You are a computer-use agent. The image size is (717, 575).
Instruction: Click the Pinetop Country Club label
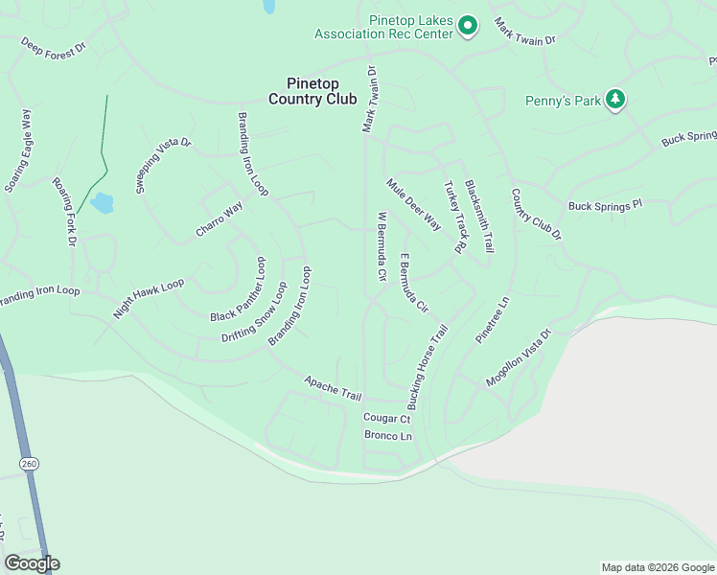(312, 91)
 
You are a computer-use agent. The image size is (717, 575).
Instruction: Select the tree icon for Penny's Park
(615, 100)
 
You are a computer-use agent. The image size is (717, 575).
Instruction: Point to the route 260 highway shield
(28, 463)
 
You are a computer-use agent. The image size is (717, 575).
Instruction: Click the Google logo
(31, 563)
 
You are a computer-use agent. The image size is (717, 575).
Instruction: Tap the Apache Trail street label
(333, 388)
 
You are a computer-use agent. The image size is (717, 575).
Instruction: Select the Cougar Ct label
(386, 418)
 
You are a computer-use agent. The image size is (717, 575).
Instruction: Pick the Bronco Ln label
(387, 436)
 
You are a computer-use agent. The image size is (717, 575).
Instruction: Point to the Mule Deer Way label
(413, 204)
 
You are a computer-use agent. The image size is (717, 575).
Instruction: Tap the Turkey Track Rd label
(453, 218)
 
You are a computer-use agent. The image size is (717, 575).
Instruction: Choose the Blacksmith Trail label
(479, 215)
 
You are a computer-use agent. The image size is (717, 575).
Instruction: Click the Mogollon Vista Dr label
(519, 358)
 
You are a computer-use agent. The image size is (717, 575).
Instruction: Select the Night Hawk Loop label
(148, 299)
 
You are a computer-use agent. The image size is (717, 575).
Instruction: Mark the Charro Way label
(219, 220)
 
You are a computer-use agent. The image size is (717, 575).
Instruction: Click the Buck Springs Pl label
(604, 206)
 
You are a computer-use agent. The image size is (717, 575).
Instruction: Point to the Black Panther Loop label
(236, 289)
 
